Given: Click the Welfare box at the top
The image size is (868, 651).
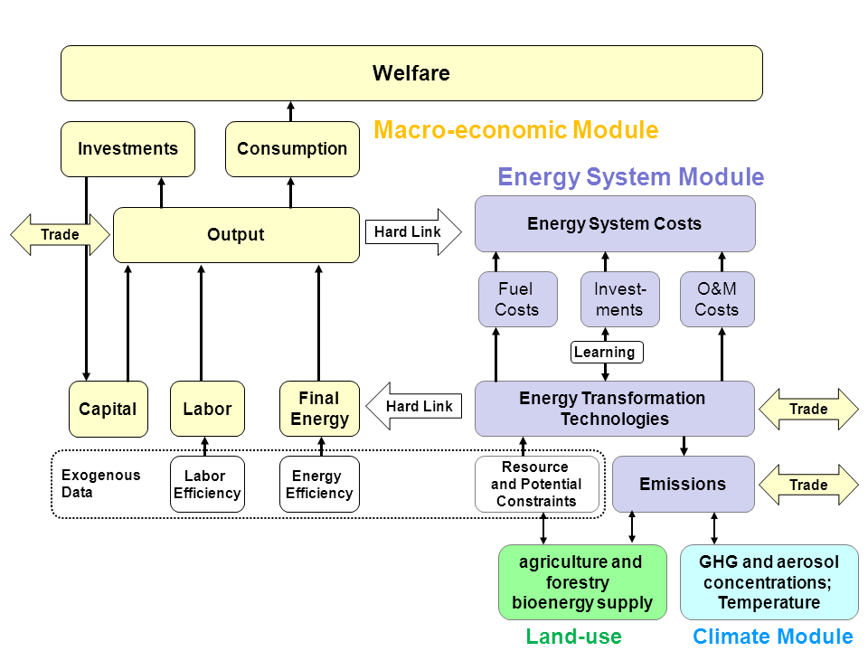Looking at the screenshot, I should (411, 73).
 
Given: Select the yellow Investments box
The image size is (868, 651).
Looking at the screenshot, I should (127, 149).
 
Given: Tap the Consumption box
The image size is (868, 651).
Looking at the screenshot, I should (292, 149).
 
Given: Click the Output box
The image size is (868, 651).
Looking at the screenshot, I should (236, 235).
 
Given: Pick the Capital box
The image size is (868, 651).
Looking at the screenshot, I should (108, 409).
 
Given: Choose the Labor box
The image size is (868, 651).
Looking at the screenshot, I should (207, 409).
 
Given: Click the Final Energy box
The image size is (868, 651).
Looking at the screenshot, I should (319, 409).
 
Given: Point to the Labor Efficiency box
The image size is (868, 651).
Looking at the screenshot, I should (206, 485).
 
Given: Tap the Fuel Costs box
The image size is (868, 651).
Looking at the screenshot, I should (517, 299).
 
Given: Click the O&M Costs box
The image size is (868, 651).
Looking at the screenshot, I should (717, 299).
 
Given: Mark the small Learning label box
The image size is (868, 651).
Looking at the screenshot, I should (606, 352).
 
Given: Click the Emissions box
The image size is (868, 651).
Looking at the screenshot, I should (683, 484).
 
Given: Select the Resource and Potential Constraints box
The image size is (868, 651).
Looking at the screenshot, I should (536, 485).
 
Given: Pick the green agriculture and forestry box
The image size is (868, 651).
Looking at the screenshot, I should (581, 582).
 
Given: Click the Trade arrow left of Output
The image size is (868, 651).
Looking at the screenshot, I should (60, 235).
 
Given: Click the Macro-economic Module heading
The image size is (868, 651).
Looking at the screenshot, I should (516, 130).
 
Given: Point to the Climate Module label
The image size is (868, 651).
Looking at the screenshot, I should (773, 637).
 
